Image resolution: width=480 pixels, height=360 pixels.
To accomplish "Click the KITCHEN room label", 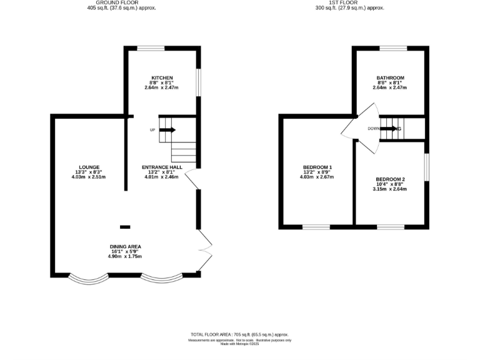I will point(162,77).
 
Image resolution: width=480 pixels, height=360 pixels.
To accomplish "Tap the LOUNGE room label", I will point(89,167).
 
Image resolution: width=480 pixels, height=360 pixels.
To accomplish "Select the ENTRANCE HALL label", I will point(162,167).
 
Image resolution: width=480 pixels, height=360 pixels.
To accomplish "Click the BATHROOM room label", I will point(390,77).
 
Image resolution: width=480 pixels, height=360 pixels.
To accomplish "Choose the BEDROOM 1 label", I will point(317,167).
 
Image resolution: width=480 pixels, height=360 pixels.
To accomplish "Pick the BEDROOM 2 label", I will point(391,179).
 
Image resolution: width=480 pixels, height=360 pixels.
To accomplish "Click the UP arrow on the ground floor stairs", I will point(168,130).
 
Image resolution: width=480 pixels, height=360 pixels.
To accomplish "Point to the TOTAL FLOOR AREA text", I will point(240,335).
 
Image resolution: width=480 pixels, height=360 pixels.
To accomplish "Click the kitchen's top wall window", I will point(151,48).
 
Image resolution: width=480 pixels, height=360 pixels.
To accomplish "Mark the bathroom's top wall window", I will point(393,48).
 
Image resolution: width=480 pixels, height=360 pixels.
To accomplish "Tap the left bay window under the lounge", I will point(84,277).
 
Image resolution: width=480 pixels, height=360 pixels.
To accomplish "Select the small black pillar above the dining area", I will point(126,227).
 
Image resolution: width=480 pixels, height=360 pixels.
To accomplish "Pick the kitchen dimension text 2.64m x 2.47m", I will point(162,87).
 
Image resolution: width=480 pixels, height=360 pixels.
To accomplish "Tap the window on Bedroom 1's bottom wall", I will point(317,226).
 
